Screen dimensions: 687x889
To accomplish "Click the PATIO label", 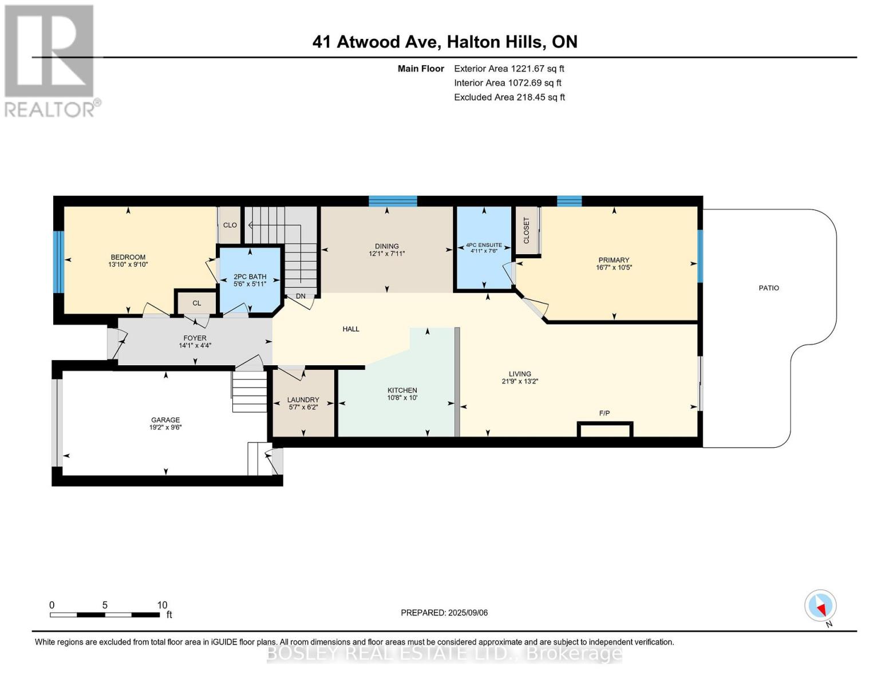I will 768,288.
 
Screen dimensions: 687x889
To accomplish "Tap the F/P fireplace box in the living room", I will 604,429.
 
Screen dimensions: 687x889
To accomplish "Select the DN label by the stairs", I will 301,296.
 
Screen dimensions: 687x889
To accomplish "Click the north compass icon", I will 820,606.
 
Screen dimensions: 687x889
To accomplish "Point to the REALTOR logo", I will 50,61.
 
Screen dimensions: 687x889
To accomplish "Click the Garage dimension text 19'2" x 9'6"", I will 165,427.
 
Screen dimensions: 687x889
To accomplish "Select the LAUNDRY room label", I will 303,400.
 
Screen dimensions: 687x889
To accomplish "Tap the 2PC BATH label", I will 250,277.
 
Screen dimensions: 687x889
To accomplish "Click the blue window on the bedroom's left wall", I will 58,262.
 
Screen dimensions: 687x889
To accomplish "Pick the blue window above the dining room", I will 393,201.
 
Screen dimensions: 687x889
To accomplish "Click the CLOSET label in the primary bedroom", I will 527,230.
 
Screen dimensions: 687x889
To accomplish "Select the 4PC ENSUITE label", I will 484,245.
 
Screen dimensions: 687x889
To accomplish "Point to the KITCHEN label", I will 402,390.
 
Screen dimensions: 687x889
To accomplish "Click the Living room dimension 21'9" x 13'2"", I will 520,381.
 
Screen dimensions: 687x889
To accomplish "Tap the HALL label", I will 351,329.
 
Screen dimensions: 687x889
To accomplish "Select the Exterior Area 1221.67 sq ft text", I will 509,69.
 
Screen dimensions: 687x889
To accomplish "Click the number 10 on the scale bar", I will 162,605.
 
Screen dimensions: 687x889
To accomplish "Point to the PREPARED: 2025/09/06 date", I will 444,613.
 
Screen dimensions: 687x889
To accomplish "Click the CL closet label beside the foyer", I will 196,303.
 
